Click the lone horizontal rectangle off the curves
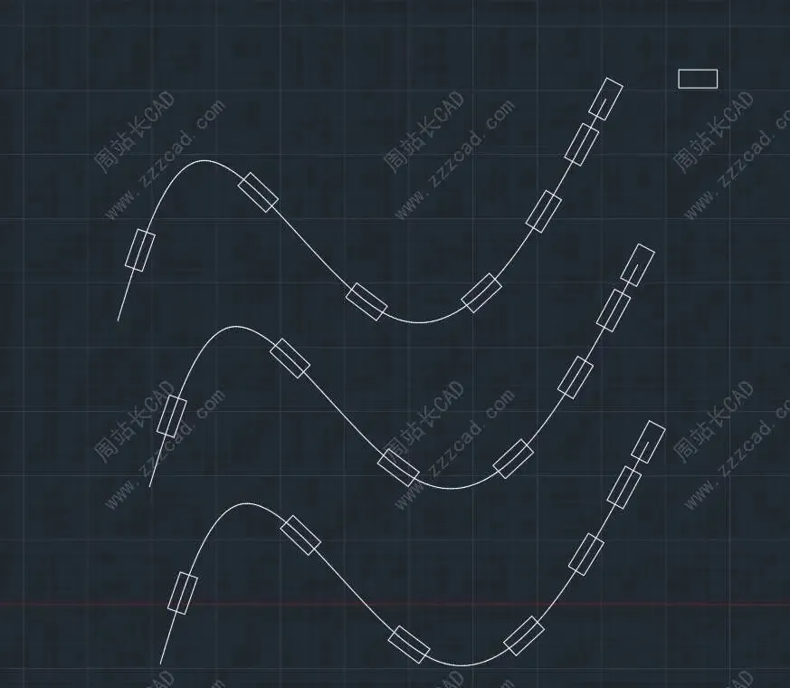[x=698, y=79]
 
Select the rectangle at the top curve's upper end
[x=605, y=99]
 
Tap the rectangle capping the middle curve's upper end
[x=637, y=265]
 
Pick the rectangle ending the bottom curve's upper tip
[x=648, y=441]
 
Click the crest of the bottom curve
[x=242, y=503]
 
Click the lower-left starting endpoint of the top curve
[x=119, y=320]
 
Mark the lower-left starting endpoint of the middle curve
[x=149, y=487]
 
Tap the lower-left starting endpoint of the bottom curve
[x=161, y=664]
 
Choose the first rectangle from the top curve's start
[x=140, y=250]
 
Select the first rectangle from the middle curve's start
[x=171, y=416]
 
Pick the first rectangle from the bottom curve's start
[x=182, y=593]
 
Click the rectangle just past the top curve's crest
[x=258, y=192]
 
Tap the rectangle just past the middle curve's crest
[x=290, y=358]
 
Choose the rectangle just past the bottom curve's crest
[x=300, y=535]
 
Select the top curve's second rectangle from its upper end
[x=582, y=145]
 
